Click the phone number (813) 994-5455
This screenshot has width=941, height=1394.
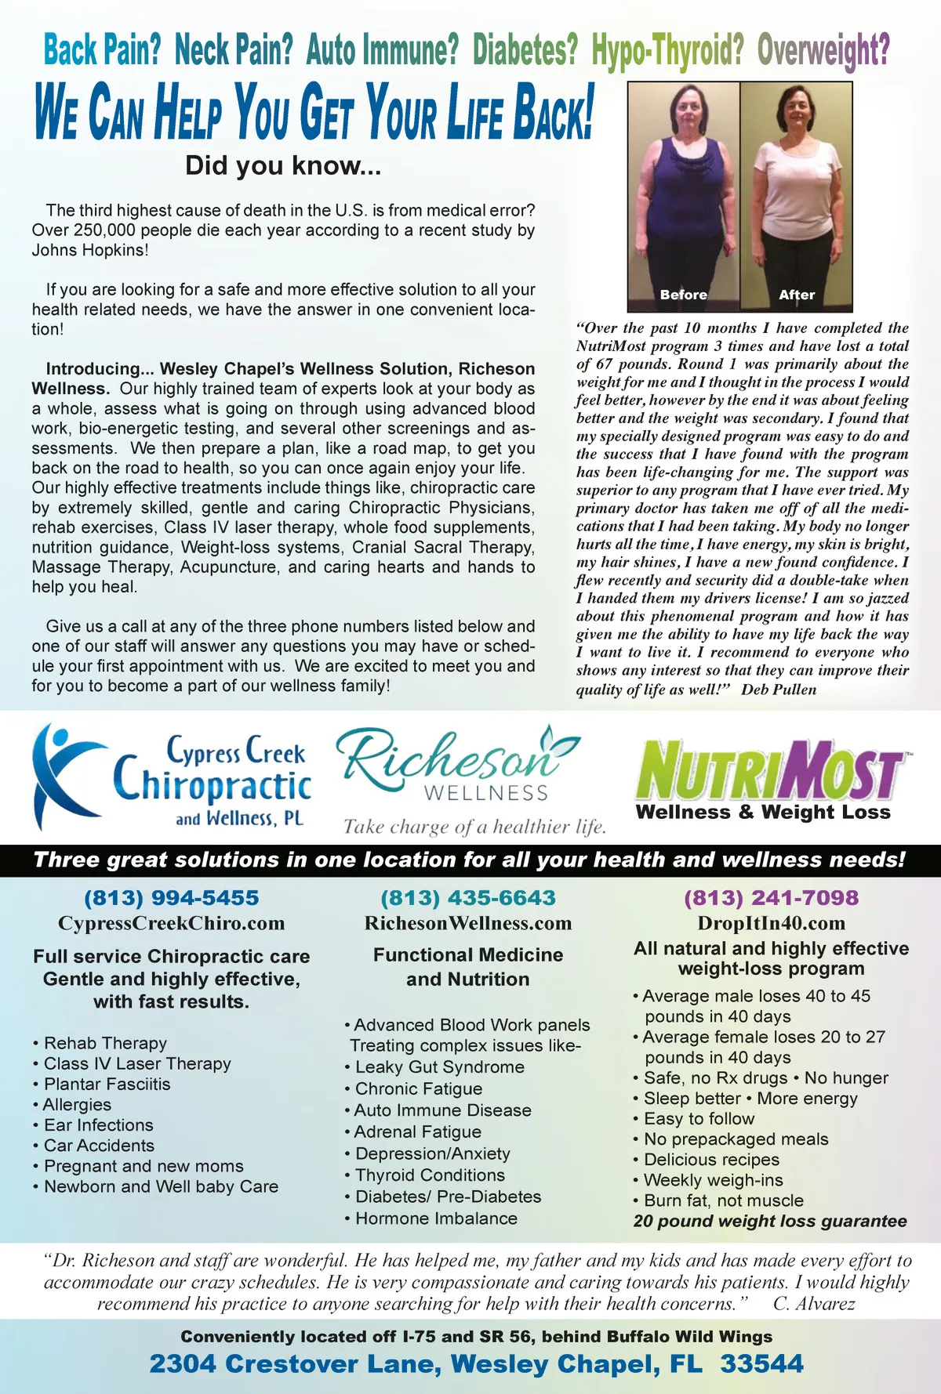click(x=171, y=898)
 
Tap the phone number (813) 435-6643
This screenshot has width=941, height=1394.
click(x=468, y=898)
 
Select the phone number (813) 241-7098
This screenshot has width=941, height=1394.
click(x=771, y=898)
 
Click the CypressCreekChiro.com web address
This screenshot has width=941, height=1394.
click(x=171, y=923)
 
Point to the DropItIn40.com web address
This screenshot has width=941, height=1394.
click(x=771, y=923)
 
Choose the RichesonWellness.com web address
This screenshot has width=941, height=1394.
click(x=468, y=923)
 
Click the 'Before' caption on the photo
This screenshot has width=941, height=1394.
click(x=683, y=295)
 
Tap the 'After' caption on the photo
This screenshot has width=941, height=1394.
click(x=797, y=295)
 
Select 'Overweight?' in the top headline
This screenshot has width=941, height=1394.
click(x=823, y=51)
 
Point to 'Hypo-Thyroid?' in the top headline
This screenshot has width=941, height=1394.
click(x=667, y=51)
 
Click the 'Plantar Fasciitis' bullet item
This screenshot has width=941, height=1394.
click(x=107, y=1084)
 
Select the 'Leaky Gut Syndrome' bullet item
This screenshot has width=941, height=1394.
click(x=439, y=1066)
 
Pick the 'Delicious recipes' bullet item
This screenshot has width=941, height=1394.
click(x=711, y=1159)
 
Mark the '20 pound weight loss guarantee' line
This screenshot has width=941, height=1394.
click(x=770, y=1221)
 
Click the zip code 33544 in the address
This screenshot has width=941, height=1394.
click(x=761, y=1363)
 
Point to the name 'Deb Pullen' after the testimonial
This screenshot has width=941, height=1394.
click(x=779, y=690)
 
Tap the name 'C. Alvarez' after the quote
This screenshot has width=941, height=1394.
click(x=814, y=1304)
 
